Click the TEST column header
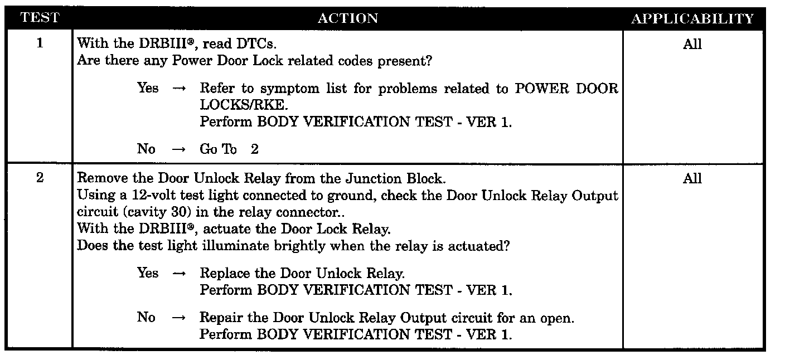(x=39, y=18)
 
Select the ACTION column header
(x=347, y=18)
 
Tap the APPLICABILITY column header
(x=692, y=18)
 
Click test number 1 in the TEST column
(x=40, y=43)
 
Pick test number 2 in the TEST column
(x=40, y=178)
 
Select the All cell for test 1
(x=692, y=45)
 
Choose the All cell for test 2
(x=692, y=178)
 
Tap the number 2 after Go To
(x=254, y=149)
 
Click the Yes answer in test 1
(x=148, y=88)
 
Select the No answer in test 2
(x=146, y=318)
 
